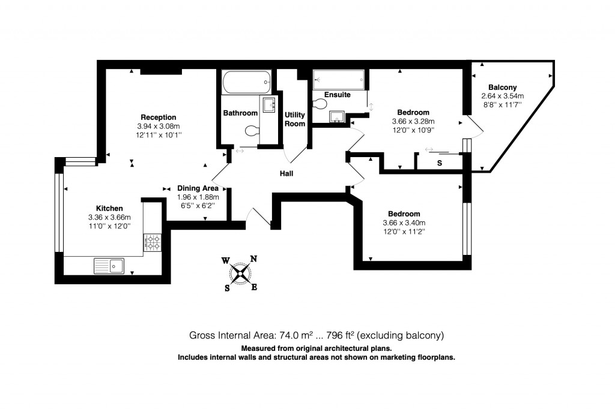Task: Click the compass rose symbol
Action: click(240, 273)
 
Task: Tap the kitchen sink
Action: click(108, 265)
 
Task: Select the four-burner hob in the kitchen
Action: click(153, 243)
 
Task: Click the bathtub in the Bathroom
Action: click(246, 82)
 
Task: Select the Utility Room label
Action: click(295, 119)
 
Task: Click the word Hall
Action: click(287, 174)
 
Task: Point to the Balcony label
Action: click(502, 87)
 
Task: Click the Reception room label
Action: click(159, 117)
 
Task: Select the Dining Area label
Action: click(198, 188)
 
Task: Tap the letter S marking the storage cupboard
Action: click(440, 163)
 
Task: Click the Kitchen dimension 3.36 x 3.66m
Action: click(109, 217)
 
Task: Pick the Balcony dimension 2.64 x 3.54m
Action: click(502, 96)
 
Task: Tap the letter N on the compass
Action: click(253, 259)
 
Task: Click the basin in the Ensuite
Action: click(337, 116)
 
